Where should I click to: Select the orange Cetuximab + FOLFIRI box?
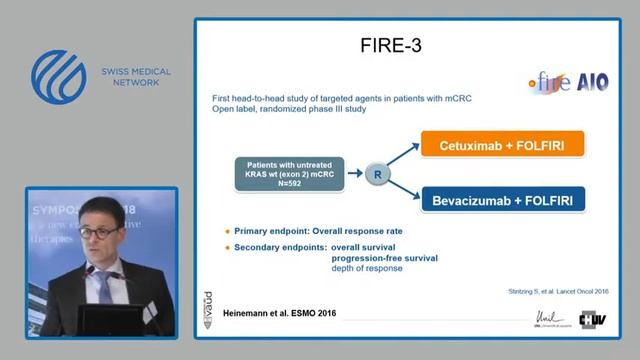(x=502, y=145)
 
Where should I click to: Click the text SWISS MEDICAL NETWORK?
(x=136, y=78)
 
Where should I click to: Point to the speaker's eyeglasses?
(x=96, y=232)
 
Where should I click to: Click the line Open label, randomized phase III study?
(x=289, y=109)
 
